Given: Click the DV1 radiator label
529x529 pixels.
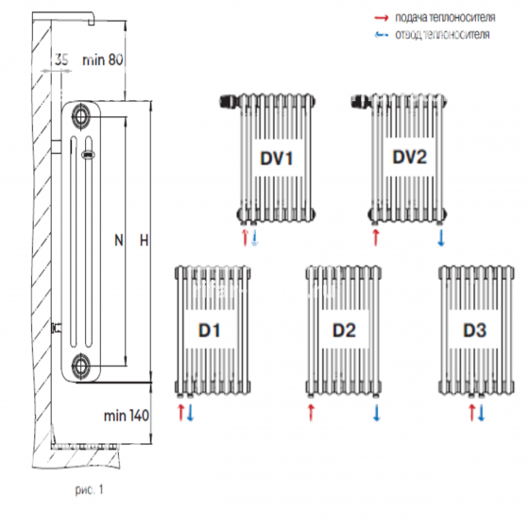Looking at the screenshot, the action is point(276,159).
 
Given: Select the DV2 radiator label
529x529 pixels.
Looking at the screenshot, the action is point(410,157).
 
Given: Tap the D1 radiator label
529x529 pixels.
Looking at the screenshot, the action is point(209,331).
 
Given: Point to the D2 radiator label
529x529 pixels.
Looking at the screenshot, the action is point(344,331).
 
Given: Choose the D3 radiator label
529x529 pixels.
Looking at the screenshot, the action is point(474,331).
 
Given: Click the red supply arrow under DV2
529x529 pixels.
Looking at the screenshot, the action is point(376,237).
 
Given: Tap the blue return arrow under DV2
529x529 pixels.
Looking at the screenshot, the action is point(441,238).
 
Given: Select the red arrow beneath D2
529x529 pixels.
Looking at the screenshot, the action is point(311,413).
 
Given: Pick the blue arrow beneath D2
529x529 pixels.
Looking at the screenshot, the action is point(377,413).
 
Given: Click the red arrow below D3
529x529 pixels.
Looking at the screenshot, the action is point(472,413).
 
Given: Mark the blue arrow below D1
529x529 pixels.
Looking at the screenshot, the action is point(190,413).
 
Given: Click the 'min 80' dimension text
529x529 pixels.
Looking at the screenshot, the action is point(103,60).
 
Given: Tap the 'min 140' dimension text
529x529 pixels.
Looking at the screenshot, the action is point(127,416).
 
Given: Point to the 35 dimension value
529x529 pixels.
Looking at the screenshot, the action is point(61,60).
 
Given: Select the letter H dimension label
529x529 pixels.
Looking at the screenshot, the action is point(144,241).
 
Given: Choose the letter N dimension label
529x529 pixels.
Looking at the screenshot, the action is point(119,241).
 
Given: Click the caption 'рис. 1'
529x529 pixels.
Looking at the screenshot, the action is point(89,490).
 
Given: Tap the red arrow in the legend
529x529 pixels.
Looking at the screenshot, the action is point(382,18).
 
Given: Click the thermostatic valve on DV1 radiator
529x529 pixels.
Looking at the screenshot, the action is point(230,101).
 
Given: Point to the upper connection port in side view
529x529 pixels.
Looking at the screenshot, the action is point(81,116).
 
